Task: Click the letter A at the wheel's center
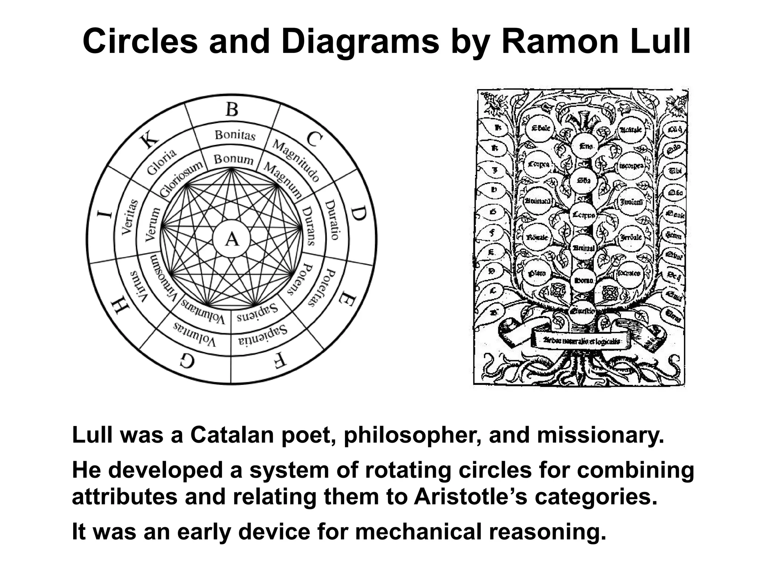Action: (231, 239)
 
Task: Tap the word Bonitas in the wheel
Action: (235, 135)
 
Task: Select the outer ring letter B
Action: (232, 110)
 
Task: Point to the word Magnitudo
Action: (296, 160)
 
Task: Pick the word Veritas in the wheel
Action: (127, 217)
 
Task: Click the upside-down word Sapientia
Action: (263, 336)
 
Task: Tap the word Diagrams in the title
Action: (362, 42)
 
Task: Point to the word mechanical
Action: (418, 532)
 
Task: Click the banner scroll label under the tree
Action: (581, 341)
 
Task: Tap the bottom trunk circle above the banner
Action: (582, 311)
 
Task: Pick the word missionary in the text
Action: (600, 435)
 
